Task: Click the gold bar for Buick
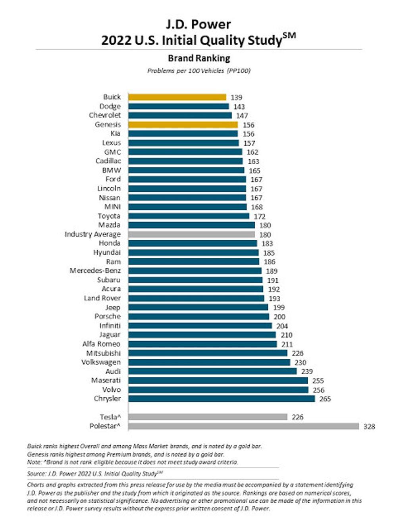pyautogui.click(x=177, y=97)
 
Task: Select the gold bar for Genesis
pyautogui.click(x=183, y=125)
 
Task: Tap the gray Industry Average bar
pyautogui.click(x=191, y=235)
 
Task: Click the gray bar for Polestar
pyautogui.click(x=244, y=426)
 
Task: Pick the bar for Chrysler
pyautogui.click(x=222, y=398)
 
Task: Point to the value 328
pyautogui.click(x=369, y=427)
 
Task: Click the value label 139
pyautogui.click(x=236, y=98)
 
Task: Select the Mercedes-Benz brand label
pyautogui.click(x=95, y=271)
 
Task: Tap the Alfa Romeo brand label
pyautogui.click(x=101, y=344)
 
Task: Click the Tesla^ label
pyautogui.click(x=110, y=417)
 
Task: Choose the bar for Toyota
pyautogui.click(x=189, y=216)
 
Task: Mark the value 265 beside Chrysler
pyautogui.click(x=325, y=399)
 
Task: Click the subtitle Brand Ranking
pyautogui.click(x=199, y=58)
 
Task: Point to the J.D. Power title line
pyautogui.click(x=198, y=25)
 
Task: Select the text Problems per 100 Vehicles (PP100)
pyautogui.click(x=199, y=71)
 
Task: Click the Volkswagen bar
pyautogui.click(x=209, y=362)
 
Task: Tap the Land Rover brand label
pyautogui.click(x=102, y=298)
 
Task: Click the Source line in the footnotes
pyautogui.click(x=95, y=473)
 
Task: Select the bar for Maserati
pyautogui.click(x=218, y=381)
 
